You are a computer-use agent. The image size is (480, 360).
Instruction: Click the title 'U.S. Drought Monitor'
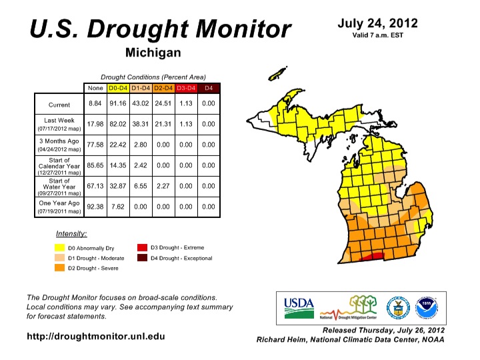coord(160,29)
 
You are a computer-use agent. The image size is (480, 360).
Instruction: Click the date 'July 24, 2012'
coord(377,23)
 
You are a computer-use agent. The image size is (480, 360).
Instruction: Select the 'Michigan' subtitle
coord(153,52)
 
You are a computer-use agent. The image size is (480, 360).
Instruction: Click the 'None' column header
coord(95,87)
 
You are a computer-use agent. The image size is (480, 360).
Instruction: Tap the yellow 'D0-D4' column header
coord(117,87)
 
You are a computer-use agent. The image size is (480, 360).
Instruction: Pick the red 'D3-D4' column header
coord(186,87)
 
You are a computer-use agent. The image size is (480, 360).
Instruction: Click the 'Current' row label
coord(59,105)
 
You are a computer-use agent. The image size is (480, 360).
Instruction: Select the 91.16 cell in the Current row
coord(117,104)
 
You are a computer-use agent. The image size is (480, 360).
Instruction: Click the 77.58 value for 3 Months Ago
coord(95,145)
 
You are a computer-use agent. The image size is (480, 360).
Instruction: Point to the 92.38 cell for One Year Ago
coord(95,207)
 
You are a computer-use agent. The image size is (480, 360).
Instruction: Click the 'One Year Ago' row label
coord(59,203)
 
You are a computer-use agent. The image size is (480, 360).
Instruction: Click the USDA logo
coord(298,305)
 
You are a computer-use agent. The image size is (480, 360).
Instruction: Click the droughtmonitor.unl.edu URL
coord(95,336)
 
